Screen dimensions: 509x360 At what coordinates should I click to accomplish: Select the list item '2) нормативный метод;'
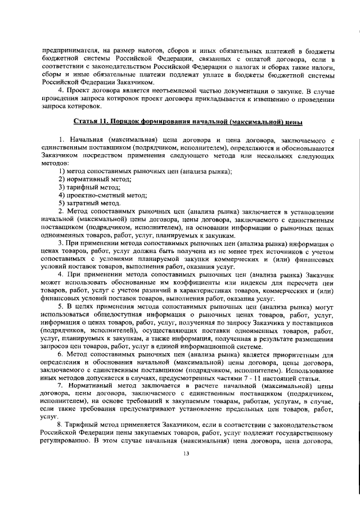click(95, 178)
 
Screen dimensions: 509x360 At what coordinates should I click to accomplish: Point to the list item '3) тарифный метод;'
click(89, 187)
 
